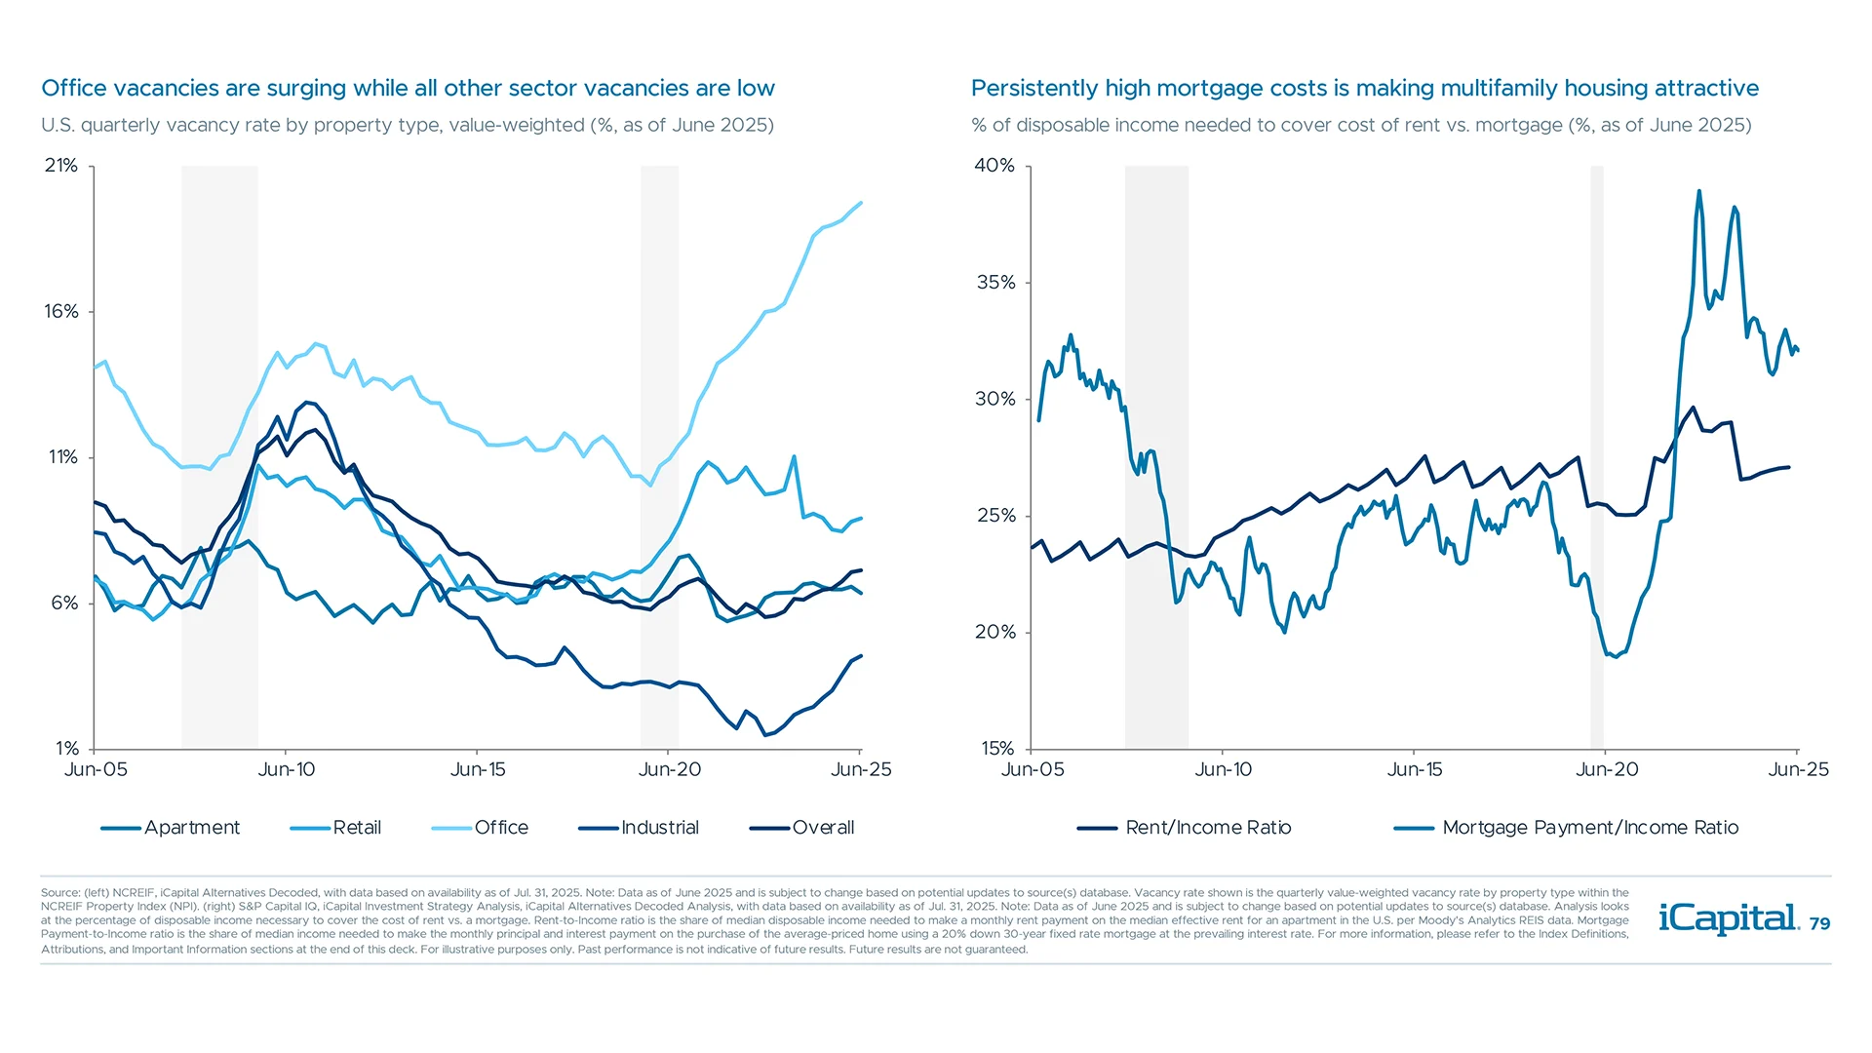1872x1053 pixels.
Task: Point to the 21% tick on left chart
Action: click(x=60, y=166)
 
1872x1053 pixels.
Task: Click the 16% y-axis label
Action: click(x=60, y=312)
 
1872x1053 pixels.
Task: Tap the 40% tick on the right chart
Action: click(x=994, y=166)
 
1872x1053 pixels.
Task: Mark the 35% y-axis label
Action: click(x=995, y=283)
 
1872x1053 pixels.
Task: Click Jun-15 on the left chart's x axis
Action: click(x=478, y=770)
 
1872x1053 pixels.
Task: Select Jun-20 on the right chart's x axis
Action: click(x=1607, y=770)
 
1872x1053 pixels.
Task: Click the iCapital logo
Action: click(x=1728, y=918)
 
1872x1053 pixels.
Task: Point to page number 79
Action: click(x=1819, y=924)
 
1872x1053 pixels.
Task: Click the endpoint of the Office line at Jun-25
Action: click(x=861, y=203)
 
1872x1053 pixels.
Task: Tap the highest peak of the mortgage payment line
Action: click(x=1699, y=191)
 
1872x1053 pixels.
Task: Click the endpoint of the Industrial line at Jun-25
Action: click(x=861, y=656)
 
